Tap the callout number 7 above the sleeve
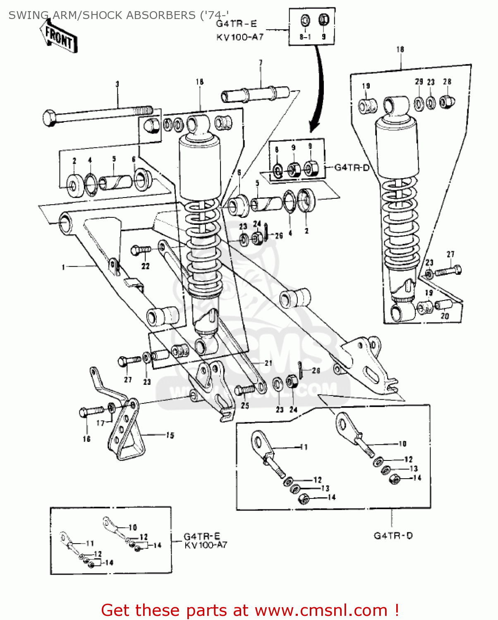coord(261,63)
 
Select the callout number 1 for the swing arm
coord(63,267)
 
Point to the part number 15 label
coord(170,435)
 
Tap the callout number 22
coord(146,267)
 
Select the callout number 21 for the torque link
coord(268,363)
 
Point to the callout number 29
coord(419,82)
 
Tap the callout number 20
coord(445,316)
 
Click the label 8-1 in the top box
coord(305,37)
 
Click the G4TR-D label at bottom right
coord(393,536)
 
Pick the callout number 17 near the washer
coord(101,423)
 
